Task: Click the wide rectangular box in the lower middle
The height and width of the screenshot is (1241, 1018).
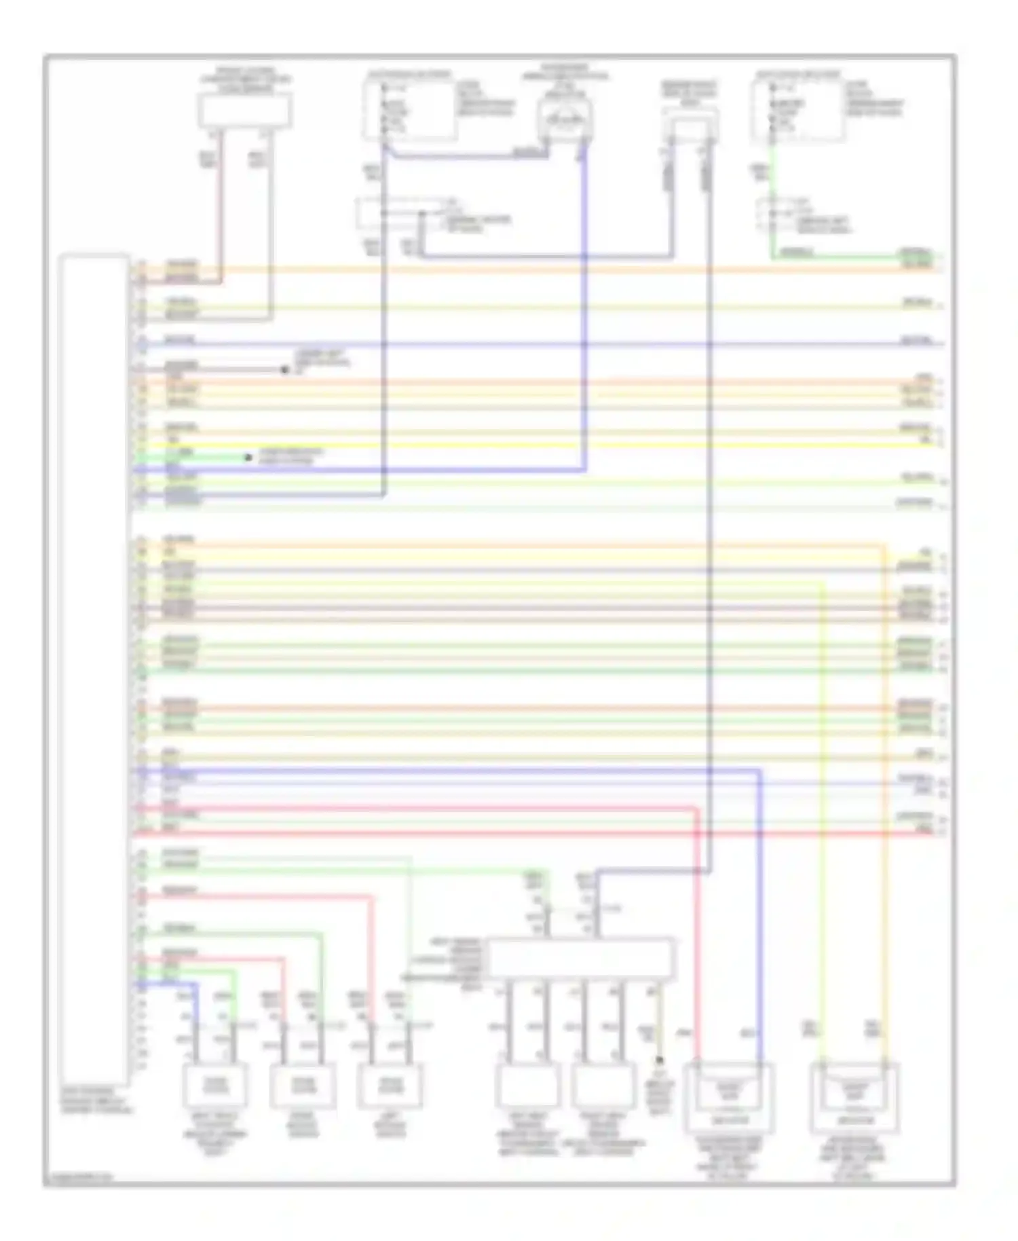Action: pos(581,959)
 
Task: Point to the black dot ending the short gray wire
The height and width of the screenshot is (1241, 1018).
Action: pos(285,370)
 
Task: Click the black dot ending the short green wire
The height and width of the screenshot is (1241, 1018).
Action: pos(248,458)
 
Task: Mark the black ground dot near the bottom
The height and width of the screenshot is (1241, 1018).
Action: pos(660,1059)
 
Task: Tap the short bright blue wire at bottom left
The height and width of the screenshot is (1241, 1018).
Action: pos(195,1005)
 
